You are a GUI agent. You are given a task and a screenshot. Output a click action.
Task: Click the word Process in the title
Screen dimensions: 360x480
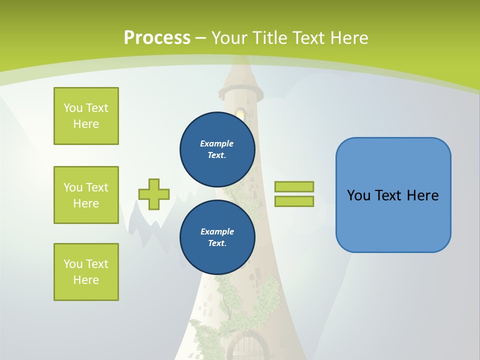(x=157, y=38)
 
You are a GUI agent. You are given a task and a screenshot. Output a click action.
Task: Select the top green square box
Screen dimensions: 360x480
(x=86, y=116)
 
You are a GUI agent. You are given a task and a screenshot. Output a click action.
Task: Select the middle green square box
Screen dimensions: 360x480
(x=86, y=195)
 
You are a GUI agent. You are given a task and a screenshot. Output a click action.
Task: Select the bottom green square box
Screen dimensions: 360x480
(x=86, y=272)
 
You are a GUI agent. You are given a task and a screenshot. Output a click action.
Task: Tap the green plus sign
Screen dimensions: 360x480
(x=154, y=194)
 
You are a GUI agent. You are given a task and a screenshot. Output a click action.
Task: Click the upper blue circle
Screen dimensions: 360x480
(x=217, y=149)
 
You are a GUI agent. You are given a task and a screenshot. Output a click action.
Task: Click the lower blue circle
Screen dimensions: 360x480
(x=217, y=237)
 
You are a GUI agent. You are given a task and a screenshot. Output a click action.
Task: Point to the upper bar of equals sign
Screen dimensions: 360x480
(x=294, y=186)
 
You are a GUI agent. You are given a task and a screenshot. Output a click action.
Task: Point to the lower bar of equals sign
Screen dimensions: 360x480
(x=294, y=201)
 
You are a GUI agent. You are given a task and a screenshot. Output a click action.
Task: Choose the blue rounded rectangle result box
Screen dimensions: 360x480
(x=393, y=195)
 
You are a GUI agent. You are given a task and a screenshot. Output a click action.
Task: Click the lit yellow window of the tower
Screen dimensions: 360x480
(x=240, y=114)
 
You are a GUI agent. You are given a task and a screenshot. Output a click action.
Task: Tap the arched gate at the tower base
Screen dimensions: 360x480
(x=248, y=347)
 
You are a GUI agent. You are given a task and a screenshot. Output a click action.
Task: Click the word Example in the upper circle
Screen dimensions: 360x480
(x=217, y=143)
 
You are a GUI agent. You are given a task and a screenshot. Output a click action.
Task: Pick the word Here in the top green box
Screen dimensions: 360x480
(x=86, y=124)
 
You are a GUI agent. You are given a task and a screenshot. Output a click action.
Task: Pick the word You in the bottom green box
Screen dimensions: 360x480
(x=72, y=264)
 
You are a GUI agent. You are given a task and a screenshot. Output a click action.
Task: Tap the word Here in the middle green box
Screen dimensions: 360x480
(x=86, y=203)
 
